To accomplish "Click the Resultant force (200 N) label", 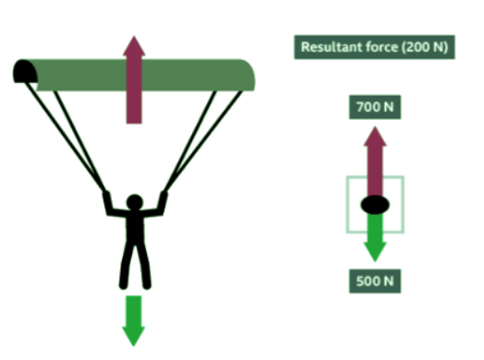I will [x=374, y=47].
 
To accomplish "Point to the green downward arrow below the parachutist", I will [x=135, y=318].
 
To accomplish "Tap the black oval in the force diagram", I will [x=374, y=203].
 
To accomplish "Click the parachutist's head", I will [x=135, y=201].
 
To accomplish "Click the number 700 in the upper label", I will [x=368, y=107].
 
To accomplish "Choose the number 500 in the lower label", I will [x=368, y=281].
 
